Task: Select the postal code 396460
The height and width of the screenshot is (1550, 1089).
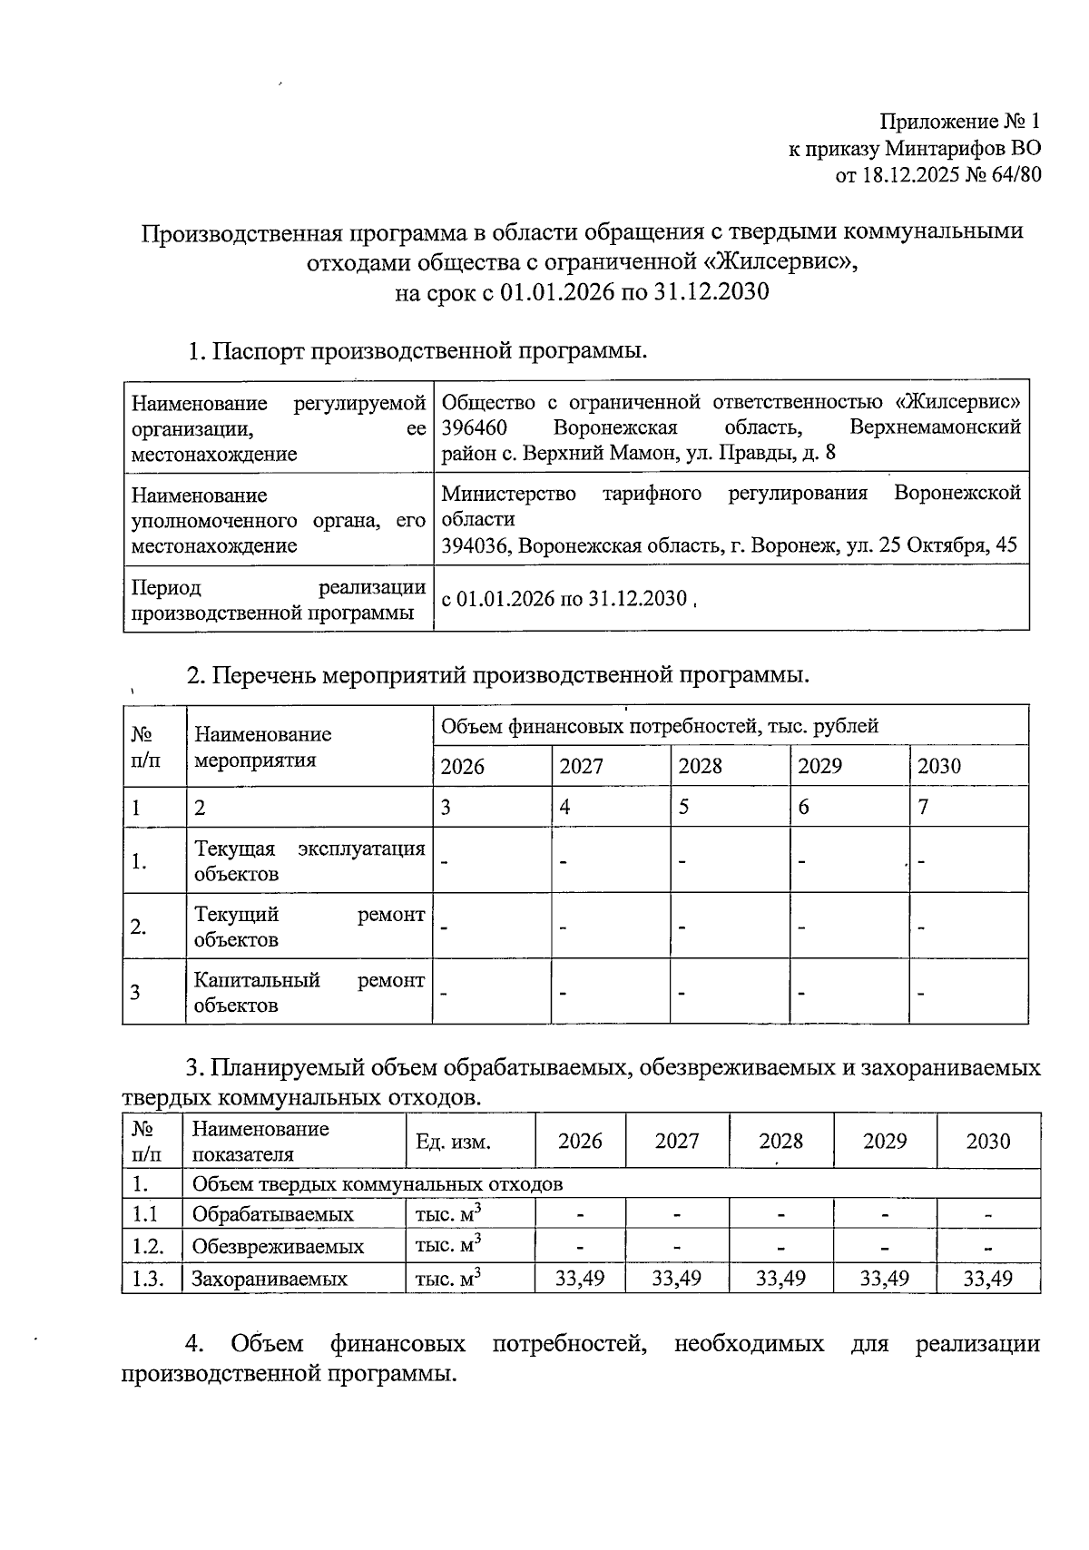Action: [x=474, y=427]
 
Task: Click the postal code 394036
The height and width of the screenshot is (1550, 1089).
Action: [x=476, y=545]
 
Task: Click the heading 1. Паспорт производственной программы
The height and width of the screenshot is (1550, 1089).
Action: [x=417, y=350]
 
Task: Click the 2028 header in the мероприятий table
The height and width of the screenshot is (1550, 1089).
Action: [x=701, y=766]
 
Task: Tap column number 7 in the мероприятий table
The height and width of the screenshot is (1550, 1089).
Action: [x=923, y=807]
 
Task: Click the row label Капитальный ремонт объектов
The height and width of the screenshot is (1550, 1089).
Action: [x=309, y=992]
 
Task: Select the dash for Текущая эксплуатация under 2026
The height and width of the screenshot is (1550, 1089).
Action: [x=446, y=859]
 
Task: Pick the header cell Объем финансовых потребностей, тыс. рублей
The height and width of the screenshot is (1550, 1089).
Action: [x=659, y=726]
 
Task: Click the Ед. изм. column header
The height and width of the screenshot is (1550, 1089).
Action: [x=453, y=1142]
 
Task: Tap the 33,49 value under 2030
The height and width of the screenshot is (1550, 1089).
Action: [x=987, y=1279]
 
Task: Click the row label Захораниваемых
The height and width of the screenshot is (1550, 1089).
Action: [x=270, y=1280]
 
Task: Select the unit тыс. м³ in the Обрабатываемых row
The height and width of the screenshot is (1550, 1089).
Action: [x=448, y=1214]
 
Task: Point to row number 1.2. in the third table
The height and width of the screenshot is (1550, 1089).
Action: [x=148, y=1246]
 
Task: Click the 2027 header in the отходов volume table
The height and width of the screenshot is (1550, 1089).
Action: [x=677, y=1141]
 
